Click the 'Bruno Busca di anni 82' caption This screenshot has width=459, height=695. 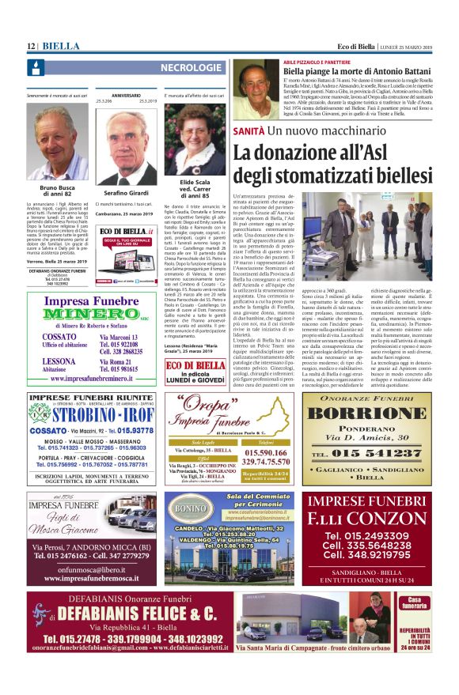point(58,190)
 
